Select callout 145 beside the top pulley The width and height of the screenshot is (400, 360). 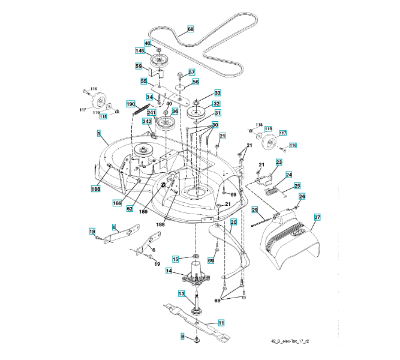(x=139, y=52)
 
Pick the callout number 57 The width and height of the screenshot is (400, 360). (x=192, y=72)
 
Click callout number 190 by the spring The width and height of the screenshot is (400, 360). (x=131, y=104)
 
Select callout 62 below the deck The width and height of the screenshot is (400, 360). (x=130, y=208)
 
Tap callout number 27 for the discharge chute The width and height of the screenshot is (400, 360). (x=317, y=218)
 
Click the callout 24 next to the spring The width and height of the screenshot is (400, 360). (x=288, y=175)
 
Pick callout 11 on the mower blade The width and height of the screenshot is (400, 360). (x=221, y=323)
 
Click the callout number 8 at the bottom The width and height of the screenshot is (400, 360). (x=182, y=337)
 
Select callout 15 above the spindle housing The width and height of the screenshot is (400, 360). (x=176, y=259)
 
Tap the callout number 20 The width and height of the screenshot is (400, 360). (x=234, y=222)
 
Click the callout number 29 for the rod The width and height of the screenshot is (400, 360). (x=255, y=210)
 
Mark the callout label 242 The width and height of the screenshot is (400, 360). (x=147, y=121)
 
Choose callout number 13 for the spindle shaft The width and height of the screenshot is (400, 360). (x=181, y=293)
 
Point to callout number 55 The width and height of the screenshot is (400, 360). (x=144, y=80)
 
